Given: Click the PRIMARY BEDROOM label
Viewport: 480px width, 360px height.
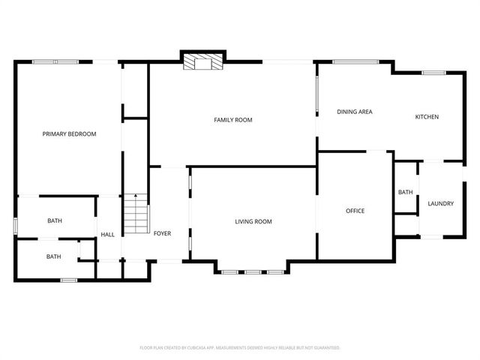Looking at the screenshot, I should pos(69,134).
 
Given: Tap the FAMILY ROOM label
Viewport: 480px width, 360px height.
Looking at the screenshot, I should pos(232,120).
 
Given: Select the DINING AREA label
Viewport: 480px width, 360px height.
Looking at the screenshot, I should pos(355,112).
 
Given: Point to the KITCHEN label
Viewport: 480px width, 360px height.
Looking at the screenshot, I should pos(427,117).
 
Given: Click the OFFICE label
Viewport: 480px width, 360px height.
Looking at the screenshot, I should pos(355,211).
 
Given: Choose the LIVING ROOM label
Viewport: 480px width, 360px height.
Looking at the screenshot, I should pos(253,221).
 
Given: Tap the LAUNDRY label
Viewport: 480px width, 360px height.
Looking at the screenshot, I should pos(440,203).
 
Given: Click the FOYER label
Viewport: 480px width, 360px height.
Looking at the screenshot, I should pos(162,233).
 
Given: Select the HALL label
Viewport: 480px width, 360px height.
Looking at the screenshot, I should pos(108,235).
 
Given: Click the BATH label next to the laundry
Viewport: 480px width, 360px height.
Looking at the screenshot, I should pos(405,193).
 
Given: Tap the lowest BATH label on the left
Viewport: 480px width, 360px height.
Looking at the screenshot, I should pos(54,256).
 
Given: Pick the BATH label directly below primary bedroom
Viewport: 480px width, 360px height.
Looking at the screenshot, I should pos(55,220).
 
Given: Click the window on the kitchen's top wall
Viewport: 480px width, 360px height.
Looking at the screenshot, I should pos(433,73).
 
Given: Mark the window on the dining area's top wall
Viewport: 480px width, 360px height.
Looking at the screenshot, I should pos(355,61).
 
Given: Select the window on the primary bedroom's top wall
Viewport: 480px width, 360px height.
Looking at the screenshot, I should pos(55,61).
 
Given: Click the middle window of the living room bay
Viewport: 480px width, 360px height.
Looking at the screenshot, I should pos(252,271).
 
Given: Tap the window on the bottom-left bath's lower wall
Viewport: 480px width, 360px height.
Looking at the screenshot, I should pos(69,280).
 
